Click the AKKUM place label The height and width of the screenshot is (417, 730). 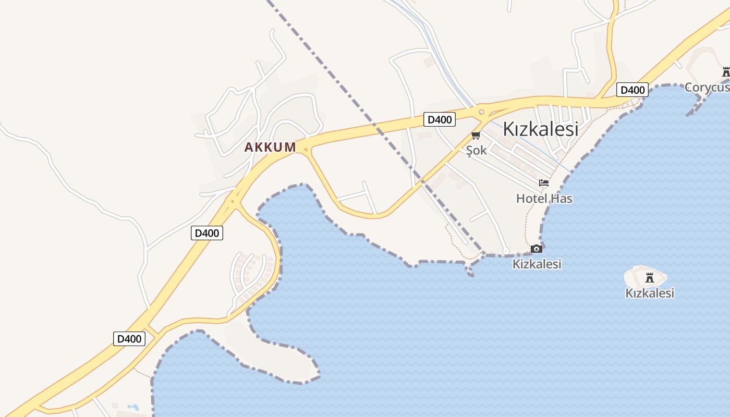[x=270, y=148]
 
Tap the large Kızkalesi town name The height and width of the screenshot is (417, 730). [x=540, y=129]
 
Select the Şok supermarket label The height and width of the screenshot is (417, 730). [x=476, y=150]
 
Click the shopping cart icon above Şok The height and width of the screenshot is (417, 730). [x=475, y=136]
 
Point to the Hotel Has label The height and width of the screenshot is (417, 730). [x=544, y=198]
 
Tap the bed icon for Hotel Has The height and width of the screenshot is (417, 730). [x=544, y=183]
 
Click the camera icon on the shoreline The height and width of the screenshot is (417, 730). [x=536, y=249]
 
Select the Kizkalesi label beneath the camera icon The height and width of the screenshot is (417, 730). [x=537, y=264]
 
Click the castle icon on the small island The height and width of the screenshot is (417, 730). [x=649, y=277]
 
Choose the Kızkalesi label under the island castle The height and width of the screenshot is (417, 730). [x=649, y=293]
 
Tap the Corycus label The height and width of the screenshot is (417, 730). [x=707, y=87]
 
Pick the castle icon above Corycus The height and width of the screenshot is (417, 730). [x=726, y=72]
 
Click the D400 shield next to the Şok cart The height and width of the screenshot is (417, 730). [x=439, y=120]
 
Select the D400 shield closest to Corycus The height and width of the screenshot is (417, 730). [x=632, y=90]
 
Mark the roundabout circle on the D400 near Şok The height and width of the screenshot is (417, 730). [x=481, y=112]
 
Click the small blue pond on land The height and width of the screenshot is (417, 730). [x=133, y=407]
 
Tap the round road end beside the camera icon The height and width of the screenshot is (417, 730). [x=506, y=251]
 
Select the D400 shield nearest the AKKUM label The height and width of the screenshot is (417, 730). [x=206, y=233]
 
